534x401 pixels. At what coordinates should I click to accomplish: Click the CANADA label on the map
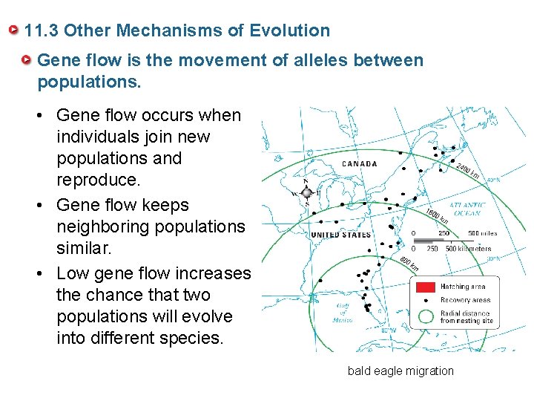[x=360, y=163]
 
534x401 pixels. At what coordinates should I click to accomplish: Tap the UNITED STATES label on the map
[x=340, y=235]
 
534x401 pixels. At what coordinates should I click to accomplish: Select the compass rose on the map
[x=306, y=192]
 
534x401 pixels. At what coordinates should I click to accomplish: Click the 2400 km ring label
[x=468, y=171]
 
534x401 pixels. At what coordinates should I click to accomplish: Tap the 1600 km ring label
[x=437, y=217]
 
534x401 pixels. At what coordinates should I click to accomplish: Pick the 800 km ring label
[x=409, y=263]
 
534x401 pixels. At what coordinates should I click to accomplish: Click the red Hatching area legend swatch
[x=425, y=287]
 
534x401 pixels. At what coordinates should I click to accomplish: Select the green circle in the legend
[x=425, y=316]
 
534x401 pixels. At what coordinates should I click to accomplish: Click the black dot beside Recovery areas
[x=425, y=300]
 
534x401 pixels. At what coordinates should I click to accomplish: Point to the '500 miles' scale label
[x=483, y=233]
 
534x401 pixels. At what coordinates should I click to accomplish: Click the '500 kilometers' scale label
[x=468, y=249]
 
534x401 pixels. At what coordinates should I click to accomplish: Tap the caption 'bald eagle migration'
[x=400, y=371]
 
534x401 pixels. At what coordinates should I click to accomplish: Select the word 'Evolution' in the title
[x=290, y=31]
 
